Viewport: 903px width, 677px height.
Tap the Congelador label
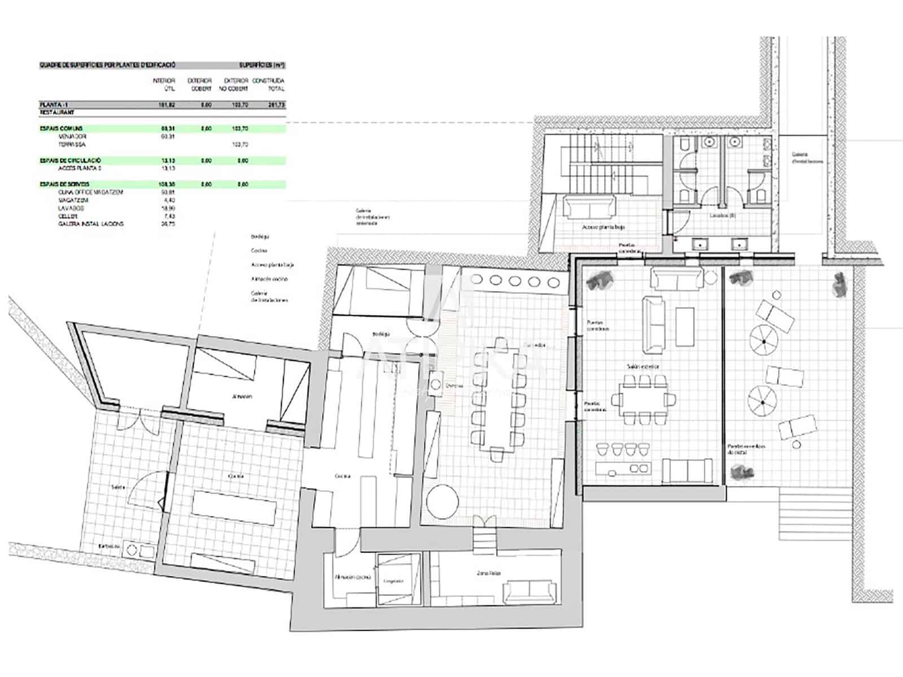pyautogui.click(x=393, y=581)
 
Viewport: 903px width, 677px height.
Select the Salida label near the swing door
pyautogui.click(x=118, y=486)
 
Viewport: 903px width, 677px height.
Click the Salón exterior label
pyautogui.click(x=642, y=367)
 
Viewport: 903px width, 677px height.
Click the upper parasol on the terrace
pyautogui.click(x=763, y=340)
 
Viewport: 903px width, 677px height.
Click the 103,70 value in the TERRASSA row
pyautogui.click(x=240, y=144)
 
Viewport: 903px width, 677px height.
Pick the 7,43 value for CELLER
pyautogui.click(x=168, y=216)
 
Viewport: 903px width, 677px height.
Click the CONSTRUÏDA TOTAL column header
pyautogui.click(x=268, y=85)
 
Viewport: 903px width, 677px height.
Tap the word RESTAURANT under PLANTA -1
pyautogui.click(x=57, y=113)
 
